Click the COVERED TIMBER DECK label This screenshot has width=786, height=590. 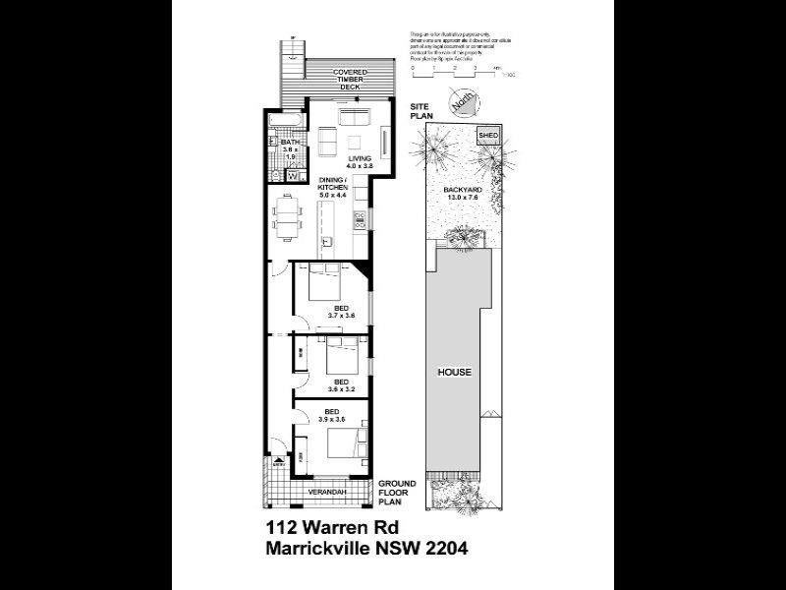coord(350,80)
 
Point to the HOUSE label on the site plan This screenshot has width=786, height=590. coord(455,373)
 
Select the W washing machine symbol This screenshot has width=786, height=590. coord(292,176)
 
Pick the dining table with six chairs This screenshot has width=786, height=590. coord(286,217)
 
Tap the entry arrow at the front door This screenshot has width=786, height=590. coord(278,463)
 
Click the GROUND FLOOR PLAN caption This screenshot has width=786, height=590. coord(399,492)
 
